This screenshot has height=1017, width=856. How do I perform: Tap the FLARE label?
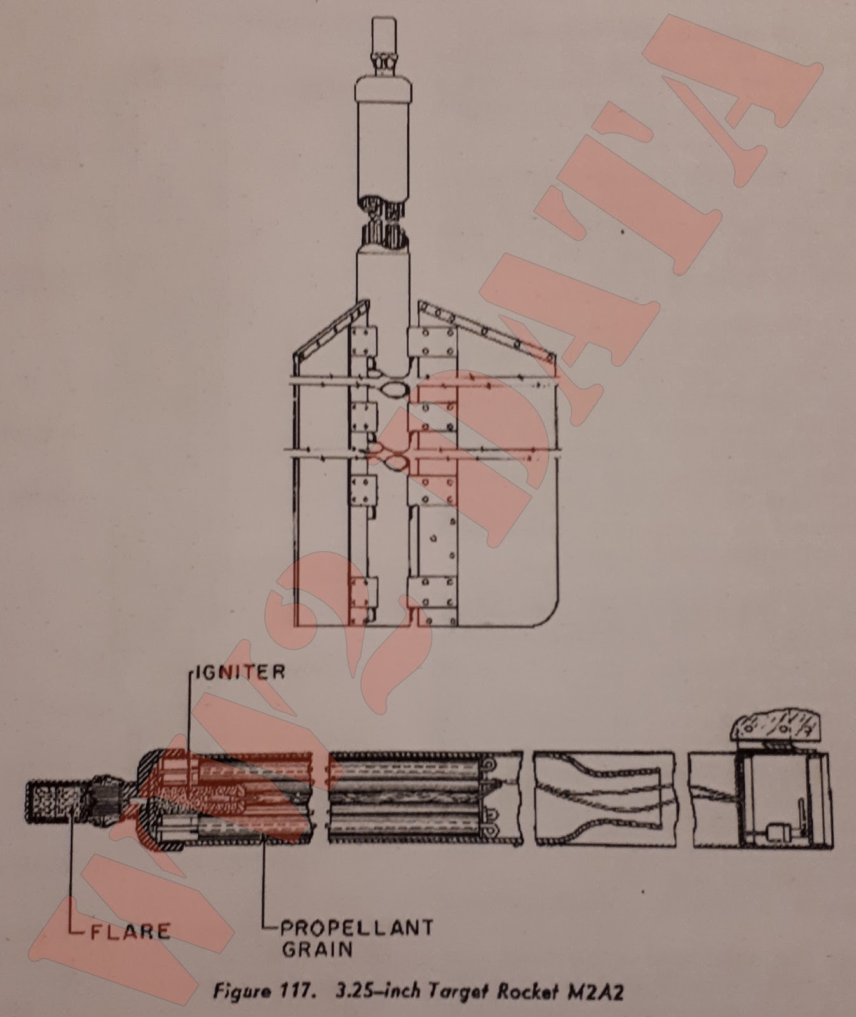coord(131,932)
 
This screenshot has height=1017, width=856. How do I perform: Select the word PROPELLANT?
coord(357,927)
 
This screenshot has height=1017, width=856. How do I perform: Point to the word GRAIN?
coord(316,950)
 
